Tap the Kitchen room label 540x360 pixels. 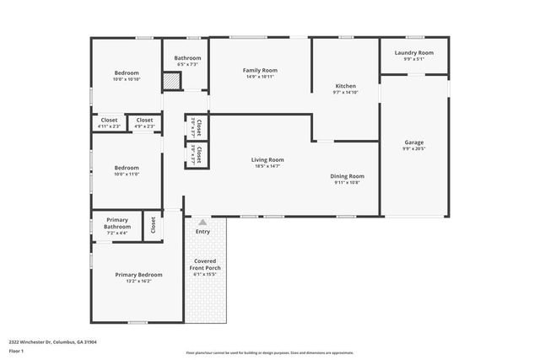point(345,86)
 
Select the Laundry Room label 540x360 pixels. point(413,52)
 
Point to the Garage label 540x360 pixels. point(413,142)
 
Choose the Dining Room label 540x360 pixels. point(347,175)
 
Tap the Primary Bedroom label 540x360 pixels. point(138,275)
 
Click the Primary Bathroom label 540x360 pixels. point(117,223)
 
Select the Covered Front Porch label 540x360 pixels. point(205,265)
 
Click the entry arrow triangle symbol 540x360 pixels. point(202,223)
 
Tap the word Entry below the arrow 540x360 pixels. point(202,232)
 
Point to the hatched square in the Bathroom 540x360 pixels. point(171,82)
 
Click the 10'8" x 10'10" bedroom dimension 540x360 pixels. point(127,79)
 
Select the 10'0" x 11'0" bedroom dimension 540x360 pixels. point(127,175)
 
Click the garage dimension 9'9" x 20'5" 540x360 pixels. point(413,148)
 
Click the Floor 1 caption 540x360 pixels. point(16,350)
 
